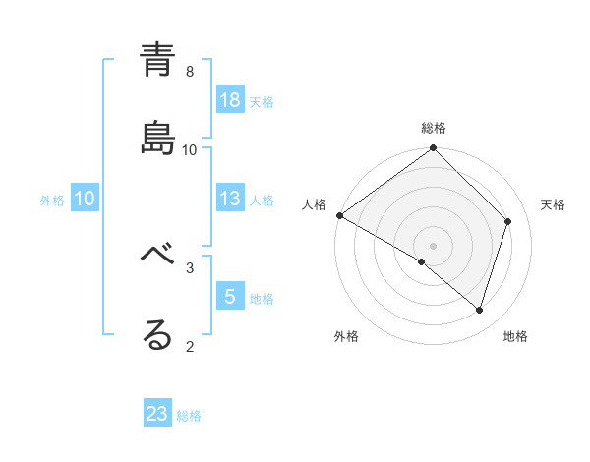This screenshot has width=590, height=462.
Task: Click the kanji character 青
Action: click(x=157, y=60)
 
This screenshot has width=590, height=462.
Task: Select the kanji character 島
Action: click(x=157, y=139)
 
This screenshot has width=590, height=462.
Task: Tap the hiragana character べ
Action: click(x=157, y=257)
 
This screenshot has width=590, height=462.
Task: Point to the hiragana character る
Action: click(x=157, y=335)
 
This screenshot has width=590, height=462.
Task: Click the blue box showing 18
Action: click(x=230, y=99)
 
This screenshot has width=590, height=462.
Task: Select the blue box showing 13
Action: click(x=230, y=199)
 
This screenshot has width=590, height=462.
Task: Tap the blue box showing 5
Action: click(x=230, y=296)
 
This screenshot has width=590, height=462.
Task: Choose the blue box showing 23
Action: click(x=157, y=414)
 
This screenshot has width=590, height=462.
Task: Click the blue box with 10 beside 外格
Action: click(x=85, y=199)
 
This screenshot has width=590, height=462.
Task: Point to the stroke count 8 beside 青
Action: click(x=190, y=72)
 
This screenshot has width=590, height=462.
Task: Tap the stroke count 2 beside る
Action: click(x=190, y=346)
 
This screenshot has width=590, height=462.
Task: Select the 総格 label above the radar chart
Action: click(x=434, y=128)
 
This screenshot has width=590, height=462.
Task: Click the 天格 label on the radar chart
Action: click(x=554, y=204)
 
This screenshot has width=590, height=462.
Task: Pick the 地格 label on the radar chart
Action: click(x=515, y=336)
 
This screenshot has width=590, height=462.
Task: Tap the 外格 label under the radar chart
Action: click(x=346, y=336)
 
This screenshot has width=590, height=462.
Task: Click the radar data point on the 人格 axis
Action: click(x=339, y=215)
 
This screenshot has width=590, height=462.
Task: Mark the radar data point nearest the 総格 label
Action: click(x=434, y=149)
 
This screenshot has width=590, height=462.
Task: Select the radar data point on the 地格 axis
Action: click(x=480, y=310)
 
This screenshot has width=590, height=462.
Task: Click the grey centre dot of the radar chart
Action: click(x=434, y=245)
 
